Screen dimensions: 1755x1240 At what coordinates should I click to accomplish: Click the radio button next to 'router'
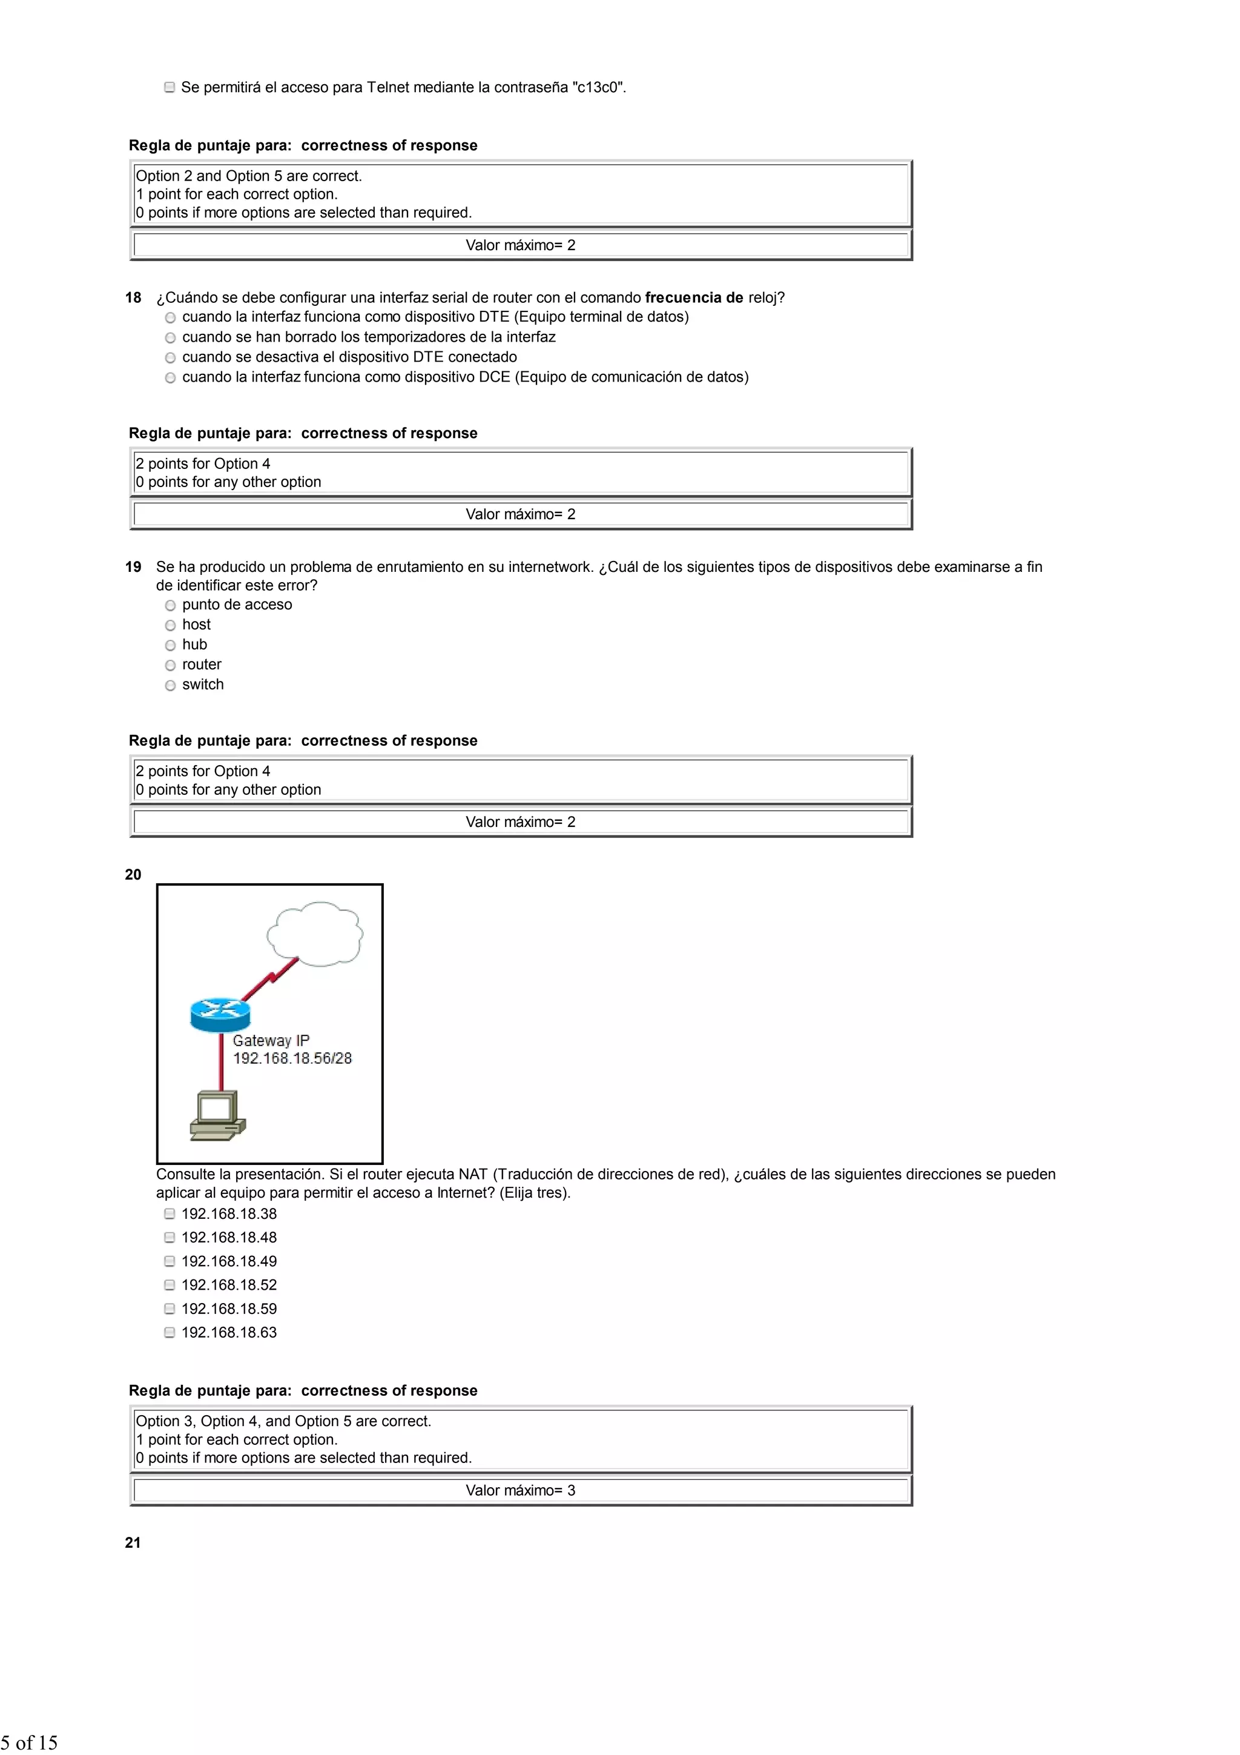[x=170, y=666]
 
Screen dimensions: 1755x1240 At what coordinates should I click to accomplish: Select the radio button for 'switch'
[x=170, y=686]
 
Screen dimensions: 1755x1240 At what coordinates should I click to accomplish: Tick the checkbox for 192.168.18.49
[x=170, y=1262]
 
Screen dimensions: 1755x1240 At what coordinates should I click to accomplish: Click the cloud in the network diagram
[x=315, y=934]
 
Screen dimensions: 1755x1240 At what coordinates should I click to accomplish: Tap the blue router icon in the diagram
[x=220, y=1014]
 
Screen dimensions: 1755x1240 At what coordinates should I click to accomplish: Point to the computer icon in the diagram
[x=218, y=1116]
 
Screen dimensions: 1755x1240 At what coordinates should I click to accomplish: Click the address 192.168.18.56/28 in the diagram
[x=292, y=1059]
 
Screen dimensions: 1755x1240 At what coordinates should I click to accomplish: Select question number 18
[x=133, y=298]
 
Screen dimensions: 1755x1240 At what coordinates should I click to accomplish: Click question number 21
[x=133, y=1543]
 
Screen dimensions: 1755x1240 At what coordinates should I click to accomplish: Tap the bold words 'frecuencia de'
[x=694, y=298]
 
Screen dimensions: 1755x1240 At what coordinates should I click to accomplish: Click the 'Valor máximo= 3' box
[x=520, y=1490]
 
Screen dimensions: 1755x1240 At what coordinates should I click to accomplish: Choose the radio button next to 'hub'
[x=170, y=646]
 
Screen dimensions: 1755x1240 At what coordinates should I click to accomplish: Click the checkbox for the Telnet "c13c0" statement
[x=170, y=88]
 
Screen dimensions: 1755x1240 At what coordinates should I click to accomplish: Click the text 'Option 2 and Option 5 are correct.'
[x=248, y=176]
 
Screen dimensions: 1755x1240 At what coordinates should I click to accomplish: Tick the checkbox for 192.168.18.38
[x=170, y=1215]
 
